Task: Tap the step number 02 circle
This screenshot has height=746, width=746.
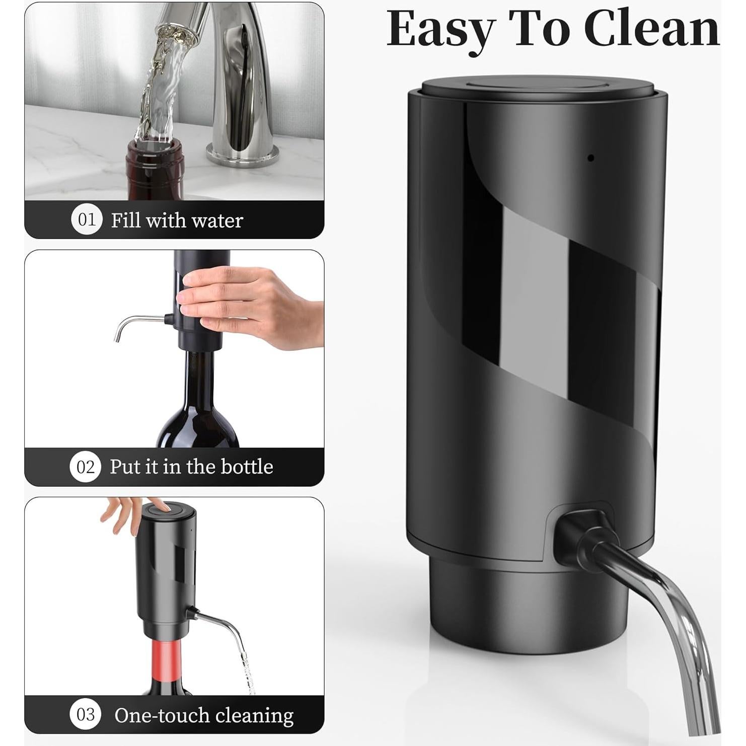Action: pyautogui.click(x=85, y=467)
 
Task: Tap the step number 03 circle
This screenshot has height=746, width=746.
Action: pyautogui.click(x=85, y=714)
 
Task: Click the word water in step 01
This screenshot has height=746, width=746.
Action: pyautogui.click(x=217, y=220)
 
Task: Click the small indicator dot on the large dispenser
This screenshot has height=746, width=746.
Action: pyautogui.click(x=591, y=158)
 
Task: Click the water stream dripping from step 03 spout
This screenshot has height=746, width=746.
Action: pyautogui.click(x=245, y=664)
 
